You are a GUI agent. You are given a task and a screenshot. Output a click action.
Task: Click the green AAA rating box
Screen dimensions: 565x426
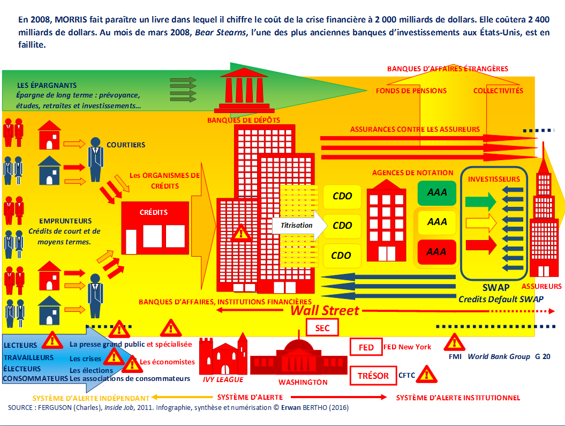pyautogui.click(x=436, y=193)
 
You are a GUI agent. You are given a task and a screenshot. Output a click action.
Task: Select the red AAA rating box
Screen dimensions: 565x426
pyautogui.click(x=436, y=252)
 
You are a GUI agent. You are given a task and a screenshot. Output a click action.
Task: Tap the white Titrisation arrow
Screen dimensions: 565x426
pyautogui.click(x=299, y=226)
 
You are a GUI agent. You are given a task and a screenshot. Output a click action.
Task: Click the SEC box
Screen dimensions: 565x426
pyautogui.click(x=322, y=328)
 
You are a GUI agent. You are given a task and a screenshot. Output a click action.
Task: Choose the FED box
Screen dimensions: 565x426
pyautogui.click(x=366, y=347)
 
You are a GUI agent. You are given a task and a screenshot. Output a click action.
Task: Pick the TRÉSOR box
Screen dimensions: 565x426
pyautogui.click(x=373, y=376)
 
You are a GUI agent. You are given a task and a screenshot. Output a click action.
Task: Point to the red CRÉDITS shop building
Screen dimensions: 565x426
pyautogui.click(x=155, y=228)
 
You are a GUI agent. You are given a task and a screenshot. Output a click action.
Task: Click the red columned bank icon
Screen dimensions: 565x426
pyautogui.click(x=244, y=90)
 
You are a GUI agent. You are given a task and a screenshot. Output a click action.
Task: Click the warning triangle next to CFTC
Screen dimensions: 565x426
pyautogui.click(x=427, y=374)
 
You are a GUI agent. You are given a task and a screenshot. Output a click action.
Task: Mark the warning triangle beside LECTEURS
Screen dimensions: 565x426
pyautogui.click(x=52, y=340)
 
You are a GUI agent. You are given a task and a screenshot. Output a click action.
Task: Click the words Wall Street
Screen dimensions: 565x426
pyautogui.click(x=325, y=311)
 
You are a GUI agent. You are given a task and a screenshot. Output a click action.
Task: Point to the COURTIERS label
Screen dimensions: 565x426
pyautogui.click(x=126, y=145)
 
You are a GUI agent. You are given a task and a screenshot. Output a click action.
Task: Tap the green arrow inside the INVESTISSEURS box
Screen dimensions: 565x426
pyautogui.click(x=481, y=202)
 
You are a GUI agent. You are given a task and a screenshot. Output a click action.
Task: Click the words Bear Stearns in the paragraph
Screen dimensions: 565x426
pyautogui.click(x=221, y=33)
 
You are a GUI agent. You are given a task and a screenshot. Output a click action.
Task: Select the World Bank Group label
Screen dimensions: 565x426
pyautogui.click(x=499, y=356)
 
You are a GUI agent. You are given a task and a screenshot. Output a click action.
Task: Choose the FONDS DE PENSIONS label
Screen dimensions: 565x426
pyautogui.click(x=411, y=91)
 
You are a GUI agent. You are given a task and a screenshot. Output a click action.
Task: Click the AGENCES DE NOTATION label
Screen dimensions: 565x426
pyautogui.click(x=412, y=173)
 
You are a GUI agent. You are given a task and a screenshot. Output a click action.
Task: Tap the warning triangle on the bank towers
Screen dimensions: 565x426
pyautogui.click(x=241, y=233)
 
